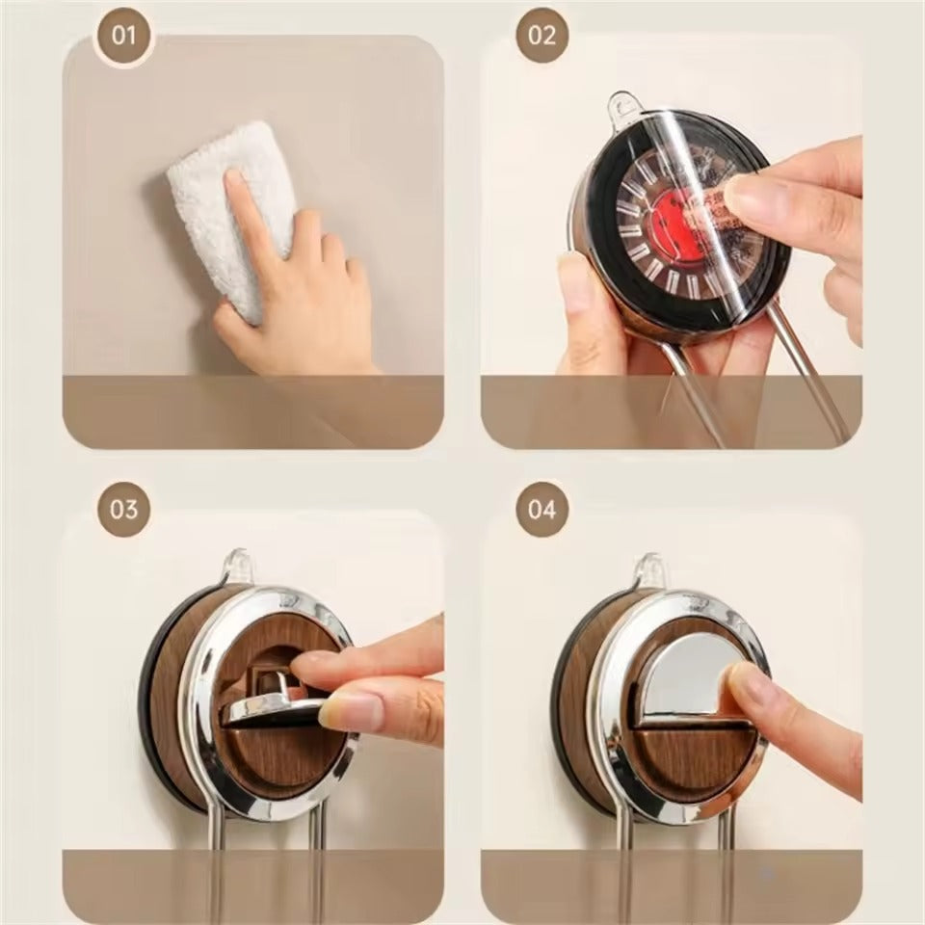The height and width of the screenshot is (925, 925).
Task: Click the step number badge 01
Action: (123, 36)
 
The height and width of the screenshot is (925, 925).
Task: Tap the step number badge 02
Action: (542, 36)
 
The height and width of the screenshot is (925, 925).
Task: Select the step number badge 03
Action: (123, 508)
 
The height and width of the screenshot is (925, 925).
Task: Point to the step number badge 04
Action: (542, 508)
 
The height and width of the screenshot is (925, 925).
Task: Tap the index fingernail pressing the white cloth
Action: (235, 178)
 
